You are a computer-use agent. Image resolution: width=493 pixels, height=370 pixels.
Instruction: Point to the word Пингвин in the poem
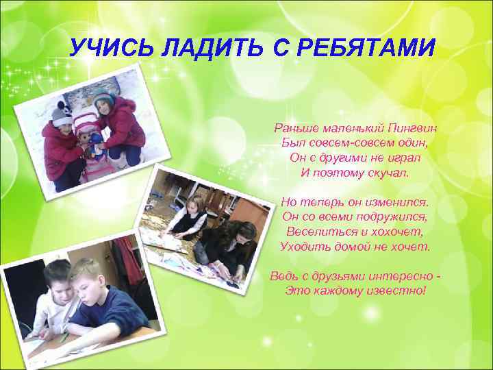tap(411, 127)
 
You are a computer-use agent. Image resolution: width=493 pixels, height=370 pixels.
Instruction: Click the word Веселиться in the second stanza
tap(316, 232)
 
